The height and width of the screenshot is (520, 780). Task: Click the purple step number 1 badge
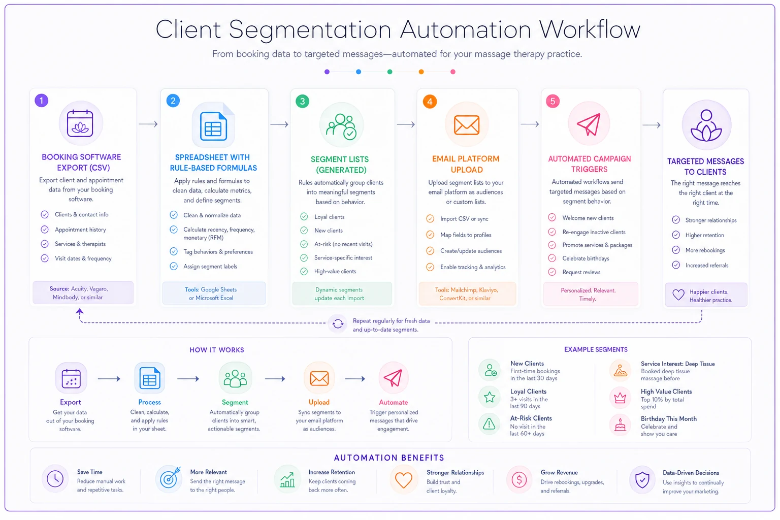(x=42, y=101)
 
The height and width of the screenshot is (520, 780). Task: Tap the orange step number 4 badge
(x=430, y=102)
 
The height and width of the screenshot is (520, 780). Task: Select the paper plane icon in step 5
(x=589, y=124)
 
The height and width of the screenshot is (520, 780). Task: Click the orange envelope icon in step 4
(x=467, y=125)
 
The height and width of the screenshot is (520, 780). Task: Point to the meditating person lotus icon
(x=706, y=125)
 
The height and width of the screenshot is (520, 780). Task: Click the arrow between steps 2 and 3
(x=279, y=124)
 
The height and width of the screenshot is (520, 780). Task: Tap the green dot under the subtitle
(x=389, y=72)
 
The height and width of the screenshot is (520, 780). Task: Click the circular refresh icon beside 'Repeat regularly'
(x=337, y=324)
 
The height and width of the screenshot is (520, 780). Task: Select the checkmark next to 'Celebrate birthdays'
(x=552, y=258)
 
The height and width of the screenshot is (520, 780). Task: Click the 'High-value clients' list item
(x=335, y=271)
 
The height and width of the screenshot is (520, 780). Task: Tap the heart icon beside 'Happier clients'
(x=678, y=295)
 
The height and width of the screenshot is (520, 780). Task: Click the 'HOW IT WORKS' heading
(x=217, y=350)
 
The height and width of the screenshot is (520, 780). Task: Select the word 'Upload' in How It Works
(x=319, y=402)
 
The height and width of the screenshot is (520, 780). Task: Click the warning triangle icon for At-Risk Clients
(x=489, y=424)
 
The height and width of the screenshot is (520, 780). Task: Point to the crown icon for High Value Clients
(x=620, y=398)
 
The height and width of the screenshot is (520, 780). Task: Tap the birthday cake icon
(x=620, y=425)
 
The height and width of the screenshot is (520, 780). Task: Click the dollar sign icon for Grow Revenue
(x=519, y=480)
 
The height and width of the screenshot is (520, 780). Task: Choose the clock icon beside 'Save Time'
(x=55, y=479)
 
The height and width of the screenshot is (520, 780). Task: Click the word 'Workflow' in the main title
(x=590, y=29)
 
